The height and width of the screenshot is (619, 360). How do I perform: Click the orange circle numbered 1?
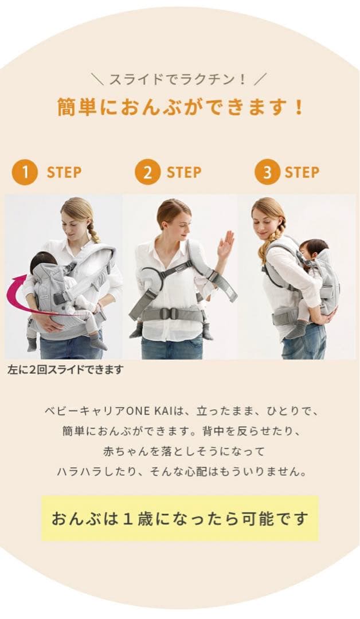[x=25, y=172]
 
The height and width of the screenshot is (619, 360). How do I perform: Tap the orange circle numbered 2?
[x=148, y=172]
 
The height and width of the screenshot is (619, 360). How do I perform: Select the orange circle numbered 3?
[x=267, y=172]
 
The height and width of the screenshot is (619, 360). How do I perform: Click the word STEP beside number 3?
[x=302, y=173]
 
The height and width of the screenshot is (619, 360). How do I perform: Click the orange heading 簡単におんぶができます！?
[x=180, y=107]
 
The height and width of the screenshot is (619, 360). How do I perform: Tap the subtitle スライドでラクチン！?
[x=180, y=79]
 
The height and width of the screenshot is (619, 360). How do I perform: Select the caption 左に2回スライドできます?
[x=65, y=370]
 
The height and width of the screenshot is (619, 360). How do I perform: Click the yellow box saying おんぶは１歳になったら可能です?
[x=180, y=518]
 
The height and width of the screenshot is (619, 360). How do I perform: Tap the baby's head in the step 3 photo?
[x=314, y=248]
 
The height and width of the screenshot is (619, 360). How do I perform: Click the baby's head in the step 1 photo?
[x=42, y=262]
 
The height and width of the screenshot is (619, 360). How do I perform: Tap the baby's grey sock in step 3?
[x=297, y=330]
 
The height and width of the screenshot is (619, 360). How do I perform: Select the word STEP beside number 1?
[x=64, y=173]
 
